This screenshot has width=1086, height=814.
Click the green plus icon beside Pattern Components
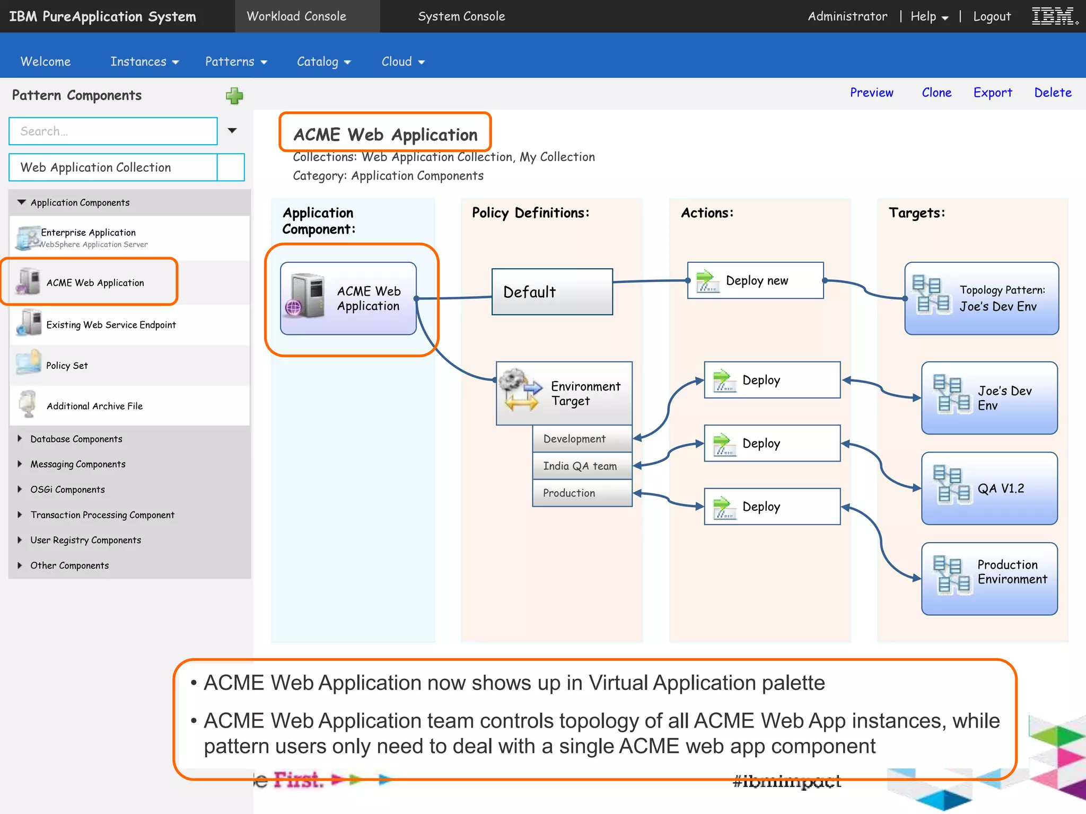tap(234, 96)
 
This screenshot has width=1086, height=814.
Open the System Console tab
tap(461, 16)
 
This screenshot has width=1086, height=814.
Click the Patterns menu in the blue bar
tap(235, 62)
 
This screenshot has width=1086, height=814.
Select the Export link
tap(992, 93)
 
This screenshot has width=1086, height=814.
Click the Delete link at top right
tap(1052, 93)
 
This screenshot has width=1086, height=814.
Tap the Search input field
tap(113, 131)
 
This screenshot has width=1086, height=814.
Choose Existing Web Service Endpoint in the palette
tap(111, 325)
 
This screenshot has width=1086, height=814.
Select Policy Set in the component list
tap(67, 366)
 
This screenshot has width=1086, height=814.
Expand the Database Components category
tap(76, 439)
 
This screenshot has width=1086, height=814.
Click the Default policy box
tap(551, 292)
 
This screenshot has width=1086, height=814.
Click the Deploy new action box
tap(755, 280)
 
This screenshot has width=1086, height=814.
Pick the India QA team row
tap(582, 466)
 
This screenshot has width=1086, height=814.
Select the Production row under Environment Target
tap(582, 493)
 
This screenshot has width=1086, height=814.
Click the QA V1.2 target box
tap(989, 489)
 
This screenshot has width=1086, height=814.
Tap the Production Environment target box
tap(989, 579)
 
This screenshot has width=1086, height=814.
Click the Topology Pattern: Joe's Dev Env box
tap(981, 298)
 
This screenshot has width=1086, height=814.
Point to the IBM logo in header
tap(1054, 16)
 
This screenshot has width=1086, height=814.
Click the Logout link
tap(991, 16)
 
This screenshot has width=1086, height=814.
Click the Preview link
tap(871, 93)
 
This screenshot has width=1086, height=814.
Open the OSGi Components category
tap(67, 490)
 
